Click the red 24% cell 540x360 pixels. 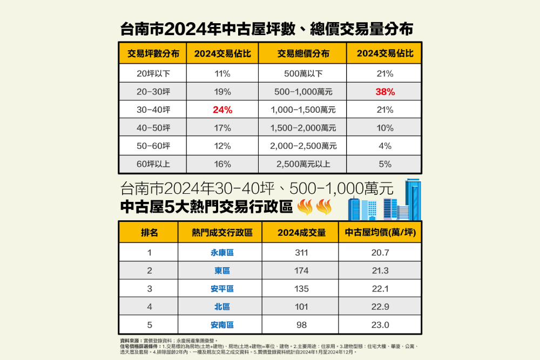tap(222, 110)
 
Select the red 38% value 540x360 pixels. tap(385, 92)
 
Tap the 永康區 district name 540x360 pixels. tap(222, 252)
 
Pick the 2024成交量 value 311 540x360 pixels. tap(301, 252)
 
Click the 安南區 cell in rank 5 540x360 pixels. tap(222, 325)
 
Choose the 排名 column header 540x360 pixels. tap(149, 233)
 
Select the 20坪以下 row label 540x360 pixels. tap(153, 73)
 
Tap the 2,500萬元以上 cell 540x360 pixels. tap(303, 164)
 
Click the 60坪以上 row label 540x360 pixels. tap(153, 164)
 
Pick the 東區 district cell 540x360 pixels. tap(222, 270)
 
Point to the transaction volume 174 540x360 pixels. tap(301, 270)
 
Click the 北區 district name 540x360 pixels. tap(222, 307)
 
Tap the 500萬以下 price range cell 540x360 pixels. tap(303, 73)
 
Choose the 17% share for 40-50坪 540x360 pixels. tap(222, 128)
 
